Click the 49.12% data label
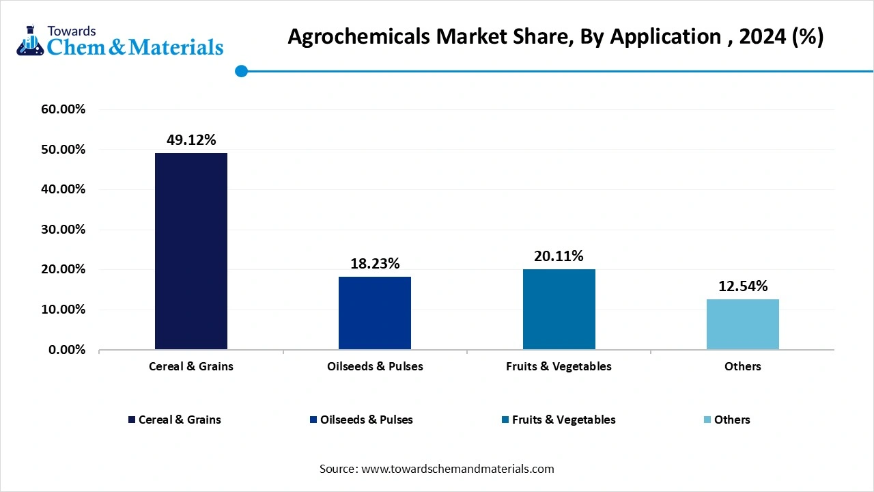click(191, 140)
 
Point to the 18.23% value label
click(375, 264)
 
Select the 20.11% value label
click(559, 256)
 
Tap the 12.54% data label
click(742, 286)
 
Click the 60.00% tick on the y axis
click(62, 109)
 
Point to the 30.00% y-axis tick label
click(62, 230)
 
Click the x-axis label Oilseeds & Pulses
click(375, 366)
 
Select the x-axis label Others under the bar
click(742, 366)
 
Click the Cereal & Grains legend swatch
click(131, 420)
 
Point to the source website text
click(437, 469)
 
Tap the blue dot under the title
click(241, 71)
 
